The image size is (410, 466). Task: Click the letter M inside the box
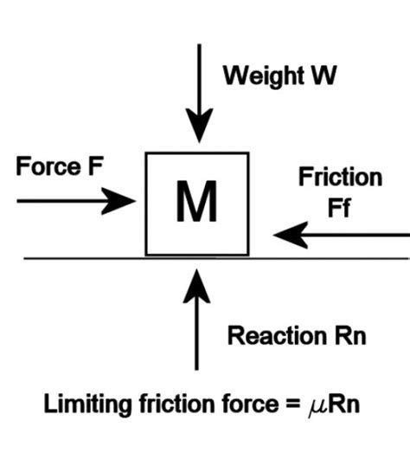[x=197, y=204]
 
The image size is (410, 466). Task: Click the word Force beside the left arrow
[x=48, y=167]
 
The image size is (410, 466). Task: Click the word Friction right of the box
[x=340, y=178]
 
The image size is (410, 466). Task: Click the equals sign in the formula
[x=279, y=405]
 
